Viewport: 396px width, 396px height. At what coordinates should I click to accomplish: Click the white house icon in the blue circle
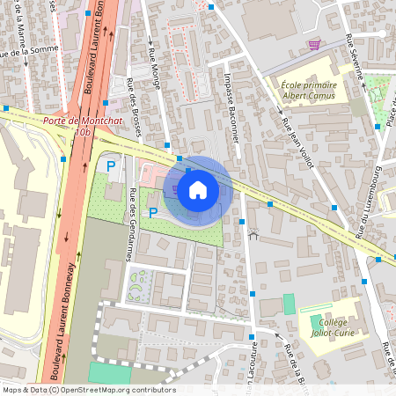point(198,189)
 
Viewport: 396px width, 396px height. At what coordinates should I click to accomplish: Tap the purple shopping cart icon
point(314,44)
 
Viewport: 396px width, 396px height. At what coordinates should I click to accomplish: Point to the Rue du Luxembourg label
point(367,202)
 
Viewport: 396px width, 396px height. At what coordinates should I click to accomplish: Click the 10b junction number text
point(83,132)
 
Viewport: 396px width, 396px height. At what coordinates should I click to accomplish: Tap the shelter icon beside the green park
point(254,234)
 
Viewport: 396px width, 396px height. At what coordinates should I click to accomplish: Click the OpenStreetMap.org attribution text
point(115,390)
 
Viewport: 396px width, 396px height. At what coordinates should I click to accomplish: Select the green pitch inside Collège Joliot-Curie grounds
point(289,304)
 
